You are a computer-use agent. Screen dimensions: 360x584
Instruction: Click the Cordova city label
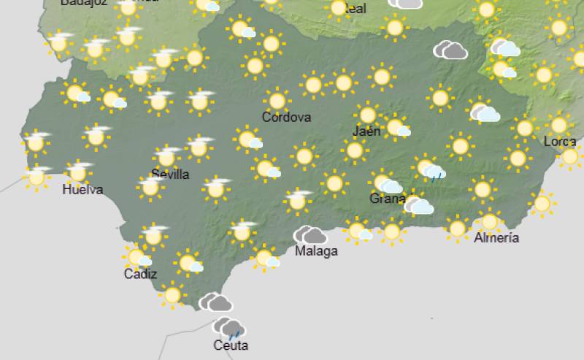coord(286,117)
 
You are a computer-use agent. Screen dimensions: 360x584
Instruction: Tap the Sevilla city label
coord(170,174)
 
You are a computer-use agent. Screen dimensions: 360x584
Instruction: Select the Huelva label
coord(82,190)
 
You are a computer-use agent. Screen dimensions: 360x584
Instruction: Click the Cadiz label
coord(139,274)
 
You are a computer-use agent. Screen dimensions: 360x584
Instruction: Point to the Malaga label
coord(316,251)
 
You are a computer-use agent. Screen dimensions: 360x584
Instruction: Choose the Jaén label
coord(366,131)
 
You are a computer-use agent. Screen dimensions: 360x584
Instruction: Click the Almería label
coord(496,237)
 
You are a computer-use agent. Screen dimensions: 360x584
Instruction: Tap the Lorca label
coord(560,141)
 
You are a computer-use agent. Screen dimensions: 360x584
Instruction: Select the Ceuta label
coord(231,345)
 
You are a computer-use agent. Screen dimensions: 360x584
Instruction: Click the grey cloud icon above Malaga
coord(310,235)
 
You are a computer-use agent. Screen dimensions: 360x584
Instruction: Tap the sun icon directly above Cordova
coord(277,100)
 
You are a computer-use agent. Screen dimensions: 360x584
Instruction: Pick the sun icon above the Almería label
coord(489,221)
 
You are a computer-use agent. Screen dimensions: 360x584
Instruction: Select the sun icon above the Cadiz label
coord(137,256)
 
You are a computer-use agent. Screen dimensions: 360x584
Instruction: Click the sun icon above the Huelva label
coord(78,172)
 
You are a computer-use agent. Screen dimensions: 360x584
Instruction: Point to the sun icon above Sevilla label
coord(167,156)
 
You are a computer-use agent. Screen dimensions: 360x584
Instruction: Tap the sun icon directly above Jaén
coord(368,115)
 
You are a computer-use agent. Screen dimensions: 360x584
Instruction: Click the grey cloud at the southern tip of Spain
coord(216,302)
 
